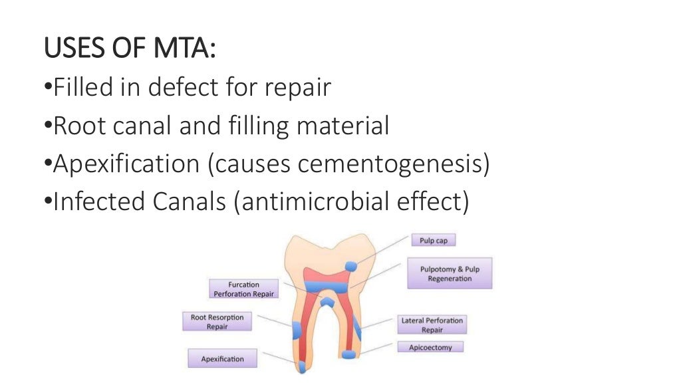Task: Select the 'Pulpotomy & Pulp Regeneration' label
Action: (450, 273)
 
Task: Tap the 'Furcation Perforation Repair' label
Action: (243, 289)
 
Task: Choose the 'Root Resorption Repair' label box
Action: (217, 322)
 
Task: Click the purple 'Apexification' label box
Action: (222, 359)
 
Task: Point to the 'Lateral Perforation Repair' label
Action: (432, 324)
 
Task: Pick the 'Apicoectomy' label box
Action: (430, 347)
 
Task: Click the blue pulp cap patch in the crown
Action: (351, 267)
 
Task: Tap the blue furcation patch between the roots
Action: (327, 303)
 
